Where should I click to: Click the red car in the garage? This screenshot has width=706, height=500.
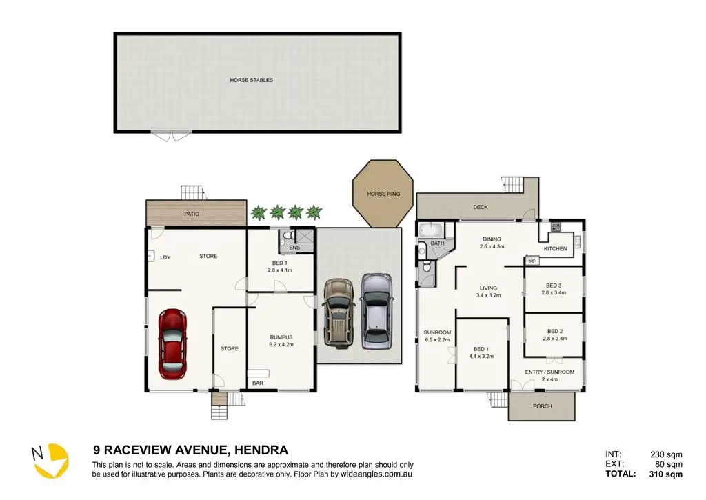[172, 343]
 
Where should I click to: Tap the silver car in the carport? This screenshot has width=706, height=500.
[377, 311]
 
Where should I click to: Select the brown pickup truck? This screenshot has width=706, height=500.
[339, 313]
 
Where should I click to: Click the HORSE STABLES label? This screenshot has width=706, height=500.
[251, 80]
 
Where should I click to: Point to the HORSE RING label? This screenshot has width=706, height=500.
[383, 194]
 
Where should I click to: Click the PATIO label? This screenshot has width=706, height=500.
[192, 214]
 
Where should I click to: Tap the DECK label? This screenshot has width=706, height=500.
[481, 207]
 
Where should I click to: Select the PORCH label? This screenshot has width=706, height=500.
[542, 406]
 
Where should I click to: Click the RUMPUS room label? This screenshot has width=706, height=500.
[281, 337]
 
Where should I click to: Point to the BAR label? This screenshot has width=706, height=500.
[258, 383]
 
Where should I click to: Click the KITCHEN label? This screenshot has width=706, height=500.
[555, 249]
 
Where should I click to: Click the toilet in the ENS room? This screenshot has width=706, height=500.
[284, 237]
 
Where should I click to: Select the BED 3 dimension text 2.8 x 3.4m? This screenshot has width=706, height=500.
[554, 293]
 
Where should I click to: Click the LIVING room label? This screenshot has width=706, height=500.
[488, 288]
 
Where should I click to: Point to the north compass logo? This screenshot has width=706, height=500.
[50, 460]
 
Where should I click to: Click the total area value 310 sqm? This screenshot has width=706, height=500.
[665, 474]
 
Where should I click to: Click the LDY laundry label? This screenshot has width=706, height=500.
[165, 258]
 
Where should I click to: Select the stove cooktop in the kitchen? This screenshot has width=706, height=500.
[556, 227]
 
